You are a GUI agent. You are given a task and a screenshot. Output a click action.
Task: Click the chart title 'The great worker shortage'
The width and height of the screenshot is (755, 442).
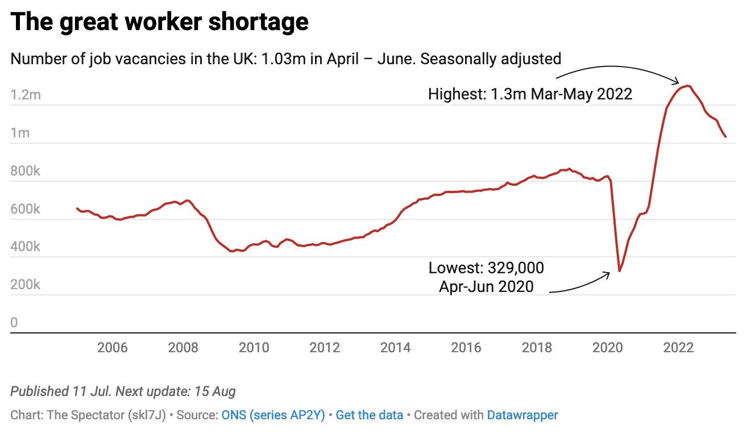click(160, 22)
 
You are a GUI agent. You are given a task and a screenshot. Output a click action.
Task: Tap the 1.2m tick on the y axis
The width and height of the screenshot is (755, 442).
click(26, 95)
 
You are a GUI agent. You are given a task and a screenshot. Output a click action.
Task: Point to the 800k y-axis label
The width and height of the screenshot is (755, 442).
click(26, 171)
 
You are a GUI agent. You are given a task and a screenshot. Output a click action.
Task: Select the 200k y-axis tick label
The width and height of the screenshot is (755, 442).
click(26, 285)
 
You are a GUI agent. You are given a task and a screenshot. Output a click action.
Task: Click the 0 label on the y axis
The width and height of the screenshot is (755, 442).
click(14, 323)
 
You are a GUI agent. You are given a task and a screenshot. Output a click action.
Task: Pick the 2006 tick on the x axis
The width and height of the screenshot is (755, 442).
click(113, 347)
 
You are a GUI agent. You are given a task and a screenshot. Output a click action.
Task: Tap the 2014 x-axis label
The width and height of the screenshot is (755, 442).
click(395, 347)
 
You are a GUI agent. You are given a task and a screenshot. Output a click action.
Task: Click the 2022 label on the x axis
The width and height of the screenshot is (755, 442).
click(678, 347)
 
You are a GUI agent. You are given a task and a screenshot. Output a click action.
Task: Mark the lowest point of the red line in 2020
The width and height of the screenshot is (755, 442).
click(619, 270)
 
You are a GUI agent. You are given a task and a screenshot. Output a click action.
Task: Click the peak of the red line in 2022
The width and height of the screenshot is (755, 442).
click(688, 86)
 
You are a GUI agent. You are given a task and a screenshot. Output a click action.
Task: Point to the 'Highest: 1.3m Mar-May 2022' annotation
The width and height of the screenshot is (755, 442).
click(530, 94)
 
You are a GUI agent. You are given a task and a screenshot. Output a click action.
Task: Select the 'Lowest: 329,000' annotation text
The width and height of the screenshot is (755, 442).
click(486, 268)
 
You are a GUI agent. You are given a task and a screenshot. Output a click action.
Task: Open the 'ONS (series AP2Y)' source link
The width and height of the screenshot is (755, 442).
click(273, 415)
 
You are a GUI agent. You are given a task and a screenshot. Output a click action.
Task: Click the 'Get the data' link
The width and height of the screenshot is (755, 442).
click(370, 415)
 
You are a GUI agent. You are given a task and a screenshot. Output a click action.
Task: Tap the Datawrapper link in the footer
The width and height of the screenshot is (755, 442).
click(522, 415)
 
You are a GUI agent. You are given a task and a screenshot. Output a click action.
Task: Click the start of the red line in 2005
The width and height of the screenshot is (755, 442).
click(77, 209)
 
